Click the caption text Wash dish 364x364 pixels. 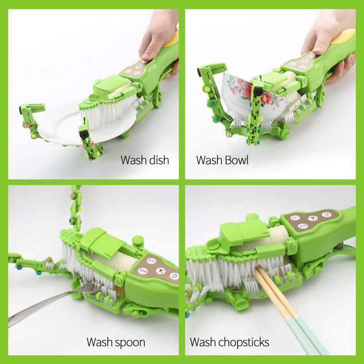coord(145,160)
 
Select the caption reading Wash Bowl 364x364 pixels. coord(222,160)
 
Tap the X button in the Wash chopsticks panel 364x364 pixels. coord(312,218)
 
